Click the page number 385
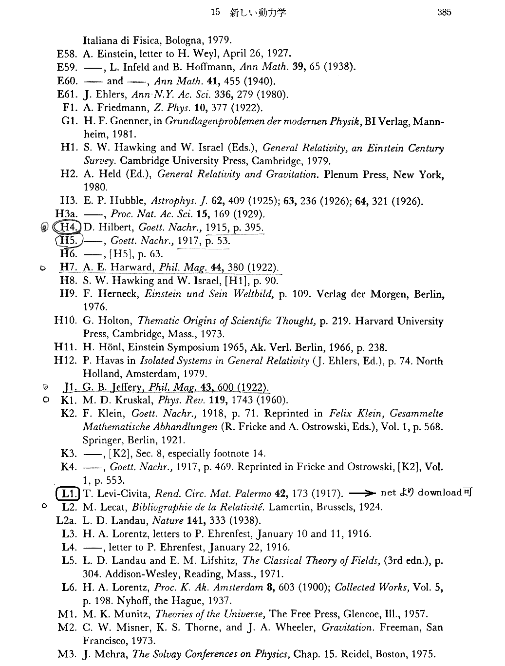[444, 12]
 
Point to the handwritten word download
[439, 493]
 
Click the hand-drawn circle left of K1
[45, 400]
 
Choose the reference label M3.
[68, 654]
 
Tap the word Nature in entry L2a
[168, 520]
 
